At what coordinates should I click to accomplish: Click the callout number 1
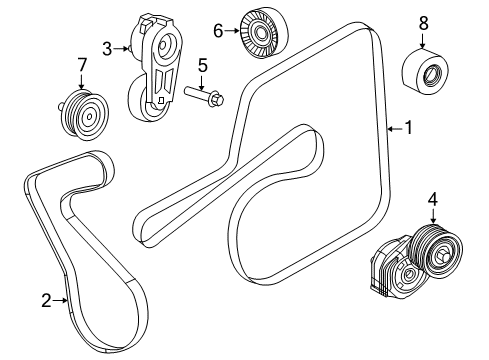tap(406, 128)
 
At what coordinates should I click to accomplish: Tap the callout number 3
tap(108, 46)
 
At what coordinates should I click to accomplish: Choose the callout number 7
tap(81, 66)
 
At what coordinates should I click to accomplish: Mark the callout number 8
tap(423, 21)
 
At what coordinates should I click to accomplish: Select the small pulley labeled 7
tap(81, 113)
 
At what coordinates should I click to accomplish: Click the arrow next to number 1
tap(393, 128)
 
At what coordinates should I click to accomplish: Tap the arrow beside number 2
tap(60, 299)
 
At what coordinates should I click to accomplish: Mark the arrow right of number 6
tap(232, 32)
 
